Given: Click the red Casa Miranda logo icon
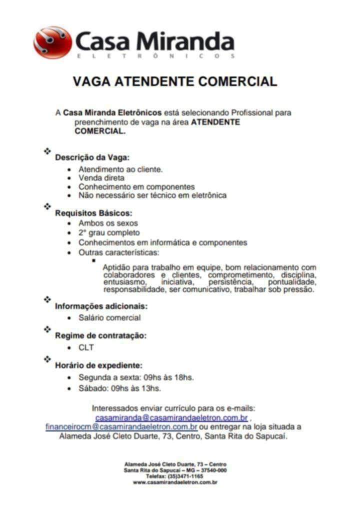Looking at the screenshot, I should coord(52,42).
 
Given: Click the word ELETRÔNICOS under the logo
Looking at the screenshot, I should coord(155,56).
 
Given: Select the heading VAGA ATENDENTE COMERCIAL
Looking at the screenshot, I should coord(174,81).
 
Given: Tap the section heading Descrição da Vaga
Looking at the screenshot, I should coord(92,157).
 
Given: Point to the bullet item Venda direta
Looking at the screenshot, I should coord(101,178).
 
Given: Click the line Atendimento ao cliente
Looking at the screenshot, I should coord(120,169).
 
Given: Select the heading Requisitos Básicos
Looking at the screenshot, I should coord(93,213).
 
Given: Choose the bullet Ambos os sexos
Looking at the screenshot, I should coord(108,223).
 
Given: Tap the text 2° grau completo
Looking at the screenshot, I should coord(109,232).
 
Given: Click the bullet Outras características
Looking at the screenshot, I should coord(119,252).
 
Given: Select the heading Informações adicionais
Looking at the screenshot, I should coord(101,306).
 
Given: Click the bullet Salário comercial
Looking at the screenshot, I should coord(109,317).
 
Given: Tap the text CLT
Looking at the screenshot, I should coord(86,347).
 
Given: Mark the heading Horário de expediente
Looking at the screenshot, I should coord(99,365).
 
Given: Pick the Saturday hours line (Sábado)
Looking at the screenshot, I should coord(119,387).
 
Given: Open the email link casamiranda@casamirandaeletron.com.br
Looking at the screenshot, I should coord(171,417).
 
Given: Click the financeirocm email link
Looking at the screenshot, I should coord(121,427).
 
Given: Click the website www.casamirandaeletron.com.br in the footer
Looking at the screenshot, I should coord(174,482).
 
